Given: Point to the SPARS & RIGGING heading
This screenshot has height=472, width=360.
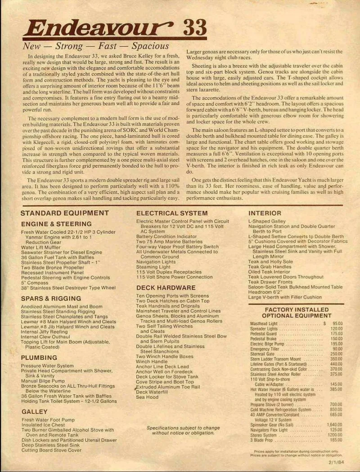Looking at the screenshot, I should point(51,298).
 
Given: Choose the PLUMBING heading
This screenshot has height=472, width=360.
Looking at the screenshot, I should point(39,358).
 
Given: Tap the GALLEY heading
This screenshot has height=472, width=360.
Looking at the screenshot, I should point(34,411).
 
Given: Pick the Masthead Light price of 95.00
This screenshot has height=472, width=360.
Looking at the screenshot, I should point(335,323).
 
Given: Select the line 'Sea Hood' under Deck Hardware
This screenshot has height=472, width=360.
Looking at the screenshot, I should point(147,397).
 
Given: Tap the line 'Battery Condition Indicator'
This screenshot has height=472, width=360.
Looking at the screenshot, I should point(166,236).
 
